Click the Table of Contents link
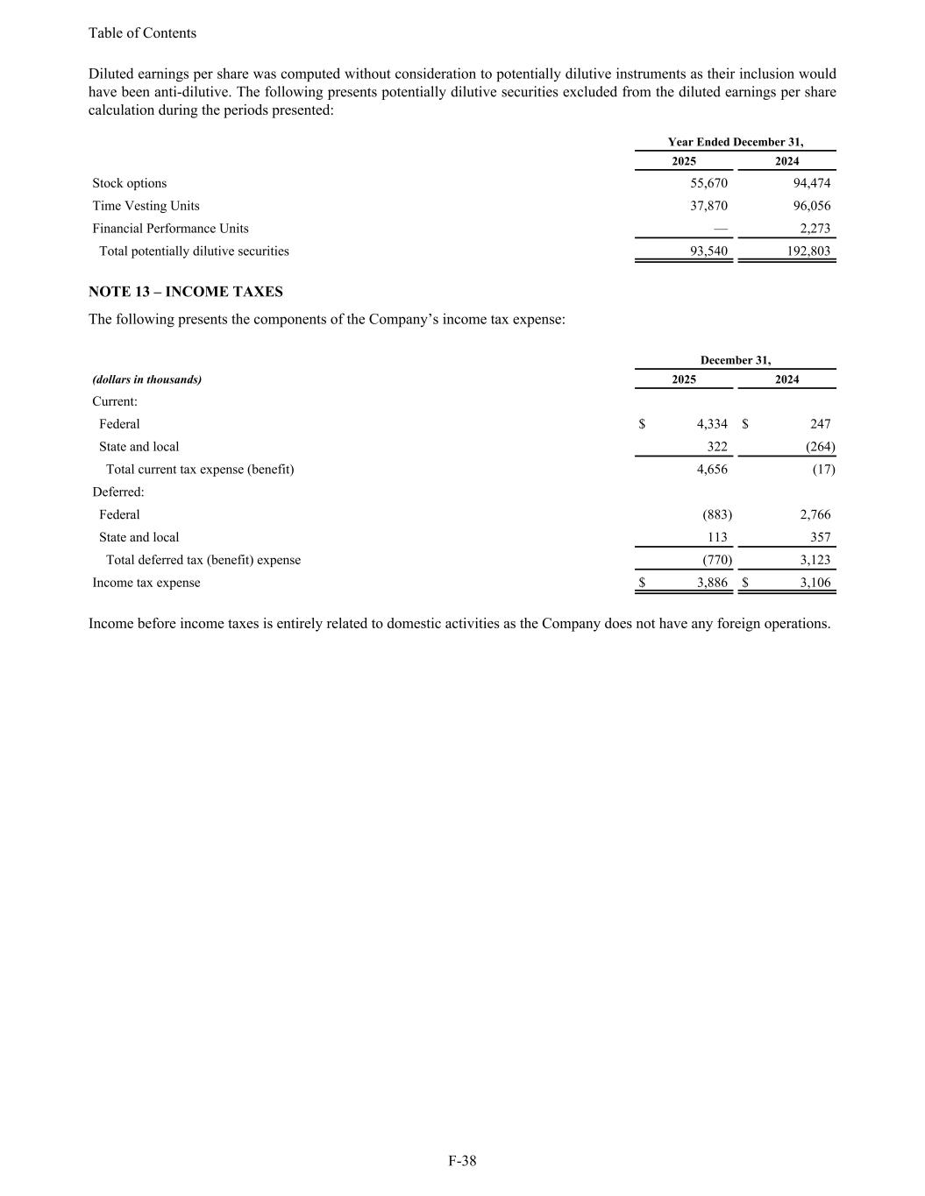pyautogui.click(x=142, y=33)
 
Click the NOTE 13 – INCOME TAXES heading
pyautogui.click(x=185, y=292)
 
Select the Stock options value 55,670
pyautogui.click(x=708, y=183)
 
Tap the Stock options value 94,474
pyautogui.click(x=811, y=183)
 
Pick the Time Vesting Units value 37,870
pyautogui.click(x=708, y=206)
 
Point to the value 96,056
pyautogui.click(x=811, y=206)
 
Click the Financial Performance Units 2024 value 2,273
pyautogui.click(x=815, y=229)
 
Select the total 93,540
pyautogui.click(x=708, y=251)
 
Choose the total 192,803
pyautogui.click(x=808, y=251)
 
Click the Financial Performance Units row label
pyautogui.click(x=170, y=229)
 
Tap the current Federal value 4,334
pyautogui.click(x=712, y=424)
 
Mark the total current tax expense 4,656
pyautogui.click(x=712, y=470)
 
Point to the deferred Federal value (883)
pyautogui.click(x=717, y=515)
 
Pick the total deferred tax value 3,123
pyautogui.click(x=815, y=560)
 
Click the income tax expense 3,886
pyautogui.click(x=712, y=583)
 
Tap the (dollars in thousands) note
pyautogui.click(x=147, y=379)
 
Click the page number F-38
pyautogui.click(x=462, y=1161)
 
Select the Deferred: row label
pyautogui.click(x=118, y=492)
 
